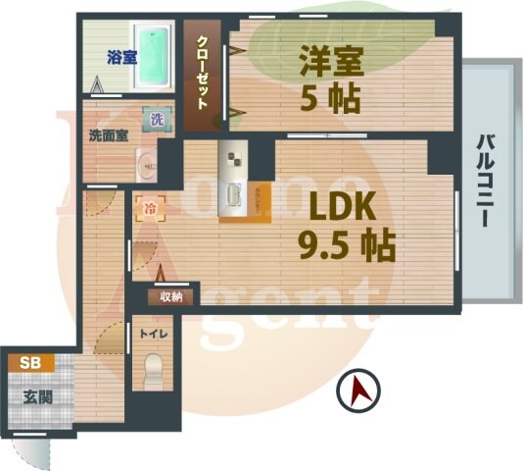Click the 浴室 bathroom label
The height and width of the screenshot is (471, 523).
pos(121,58)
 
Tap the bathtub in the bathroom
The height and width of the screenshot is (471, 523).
pos(157,55)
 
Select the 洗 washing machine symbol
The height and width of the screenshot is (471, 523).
pos(157,120)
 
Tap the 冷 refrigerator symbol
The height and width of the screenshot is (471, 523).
pos(149,208)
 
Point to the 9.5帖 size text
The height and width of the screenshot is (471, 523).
pos(348,245)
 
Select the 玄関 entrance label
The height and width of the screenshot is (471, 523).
pos(37,397)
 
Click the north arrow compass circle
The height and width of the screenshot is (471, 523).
pos(357,393)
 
